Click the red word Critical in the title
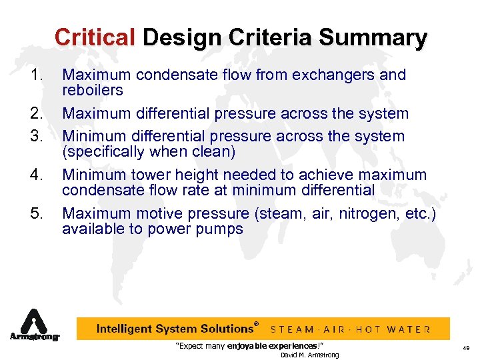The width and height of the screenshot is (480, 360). (x=95, y=37)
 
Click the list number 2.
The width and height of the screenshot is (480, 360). (x=37, y=115)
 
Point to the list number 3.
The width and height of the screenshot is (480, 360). (x=37, y=137)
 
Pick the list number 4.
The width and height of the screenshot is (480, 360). (x=37, y=175)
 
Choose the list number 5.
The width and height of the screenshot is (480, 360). (x=37, y=214)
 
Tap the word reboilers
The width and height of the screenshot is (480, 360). (x=93, y=90)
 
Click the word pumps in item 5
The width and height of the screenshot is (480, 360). (x=223, y=229)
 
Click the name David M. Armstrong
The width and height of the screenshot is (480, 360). (x=309, y=355)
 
